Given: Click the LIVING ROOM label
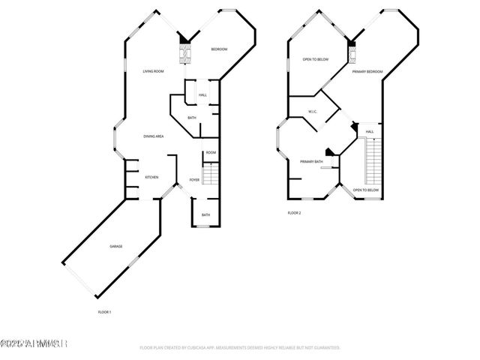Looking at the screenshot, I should tap(153, 71).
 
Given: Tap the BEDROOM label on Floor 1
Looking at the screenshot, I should tap(218, 49).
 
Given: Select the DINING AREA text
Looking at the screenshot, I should tap(154, 136).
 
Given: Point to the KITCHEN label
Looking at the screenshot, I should tap(151, 177).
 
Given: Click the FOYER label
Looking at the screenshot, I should tap(194, 180).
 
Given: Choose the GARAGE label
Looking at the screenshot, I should tap(116, 247).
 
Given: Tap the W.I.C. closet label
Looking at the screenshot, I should tap(313, 112).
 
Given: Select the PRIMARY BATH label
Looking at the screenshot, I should tap(311, 162).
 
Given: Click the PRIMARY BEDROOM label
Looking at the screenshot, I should tap(368, 71).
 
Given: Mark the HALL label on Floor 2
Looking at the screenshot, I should tap(370, 133).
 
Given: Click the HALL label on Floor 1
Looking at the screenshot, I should tap(202, 95).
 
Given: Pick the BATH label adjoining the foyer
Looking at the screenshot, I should tap(205, 215).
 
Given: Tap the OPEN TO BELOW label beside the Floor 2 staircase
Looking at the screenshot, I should tap(365, 190).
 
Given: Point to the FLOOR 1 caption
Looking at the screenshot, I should tap(104, 311).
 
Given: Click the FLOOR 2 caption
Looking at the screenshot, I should tap(294, 213).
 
